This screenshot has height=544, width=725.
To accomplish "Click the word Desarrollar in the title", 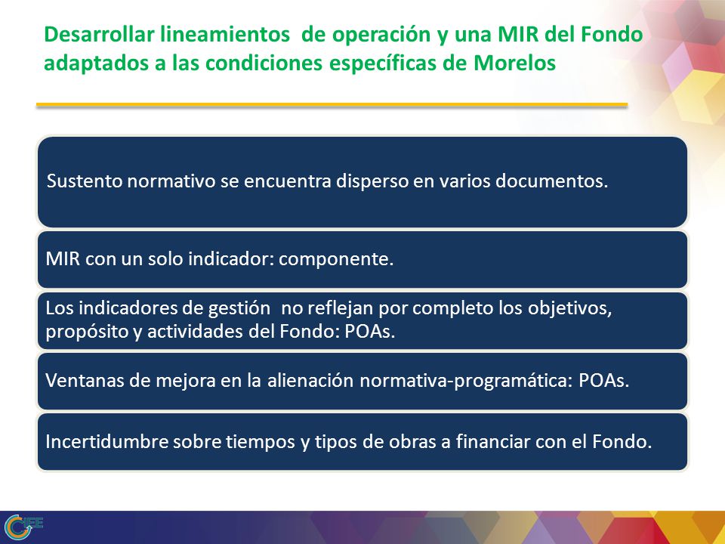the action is tap(98, 35).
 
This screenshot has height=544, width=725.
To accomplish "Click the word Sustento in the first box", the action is tap(85, 181).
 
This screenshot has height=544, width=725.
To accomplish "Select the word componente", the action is tap(336, 259).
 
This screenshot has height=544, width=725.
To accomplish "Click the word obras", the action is tap(412, 442).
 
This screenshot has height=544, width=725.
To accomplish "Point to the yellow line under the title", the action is tap(332, 106).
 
